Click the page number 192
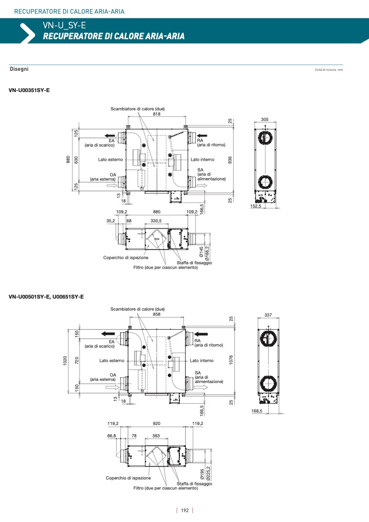pyautogui.click(x=184, y=511)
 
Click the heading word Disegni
pyautogui.click(x=19, y=69)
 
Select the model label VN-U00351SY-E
pyautogui.click(x=29, y=90)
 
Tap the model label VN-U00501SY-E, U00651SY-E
pyautogui.click(x=46, y=296)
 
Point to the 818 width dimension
pyautogui.click(x=156, y=114)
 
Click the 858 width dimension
pyautogui.click(x=156, y=314)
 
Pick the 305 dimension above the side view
pyautogui.click(x=265, y=119)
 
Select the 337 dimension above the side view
pyautogui.click(x=268, y=314)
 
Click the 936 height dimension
pyautogui.click(x=230, y=160)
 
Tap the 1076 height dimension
pyautogui.click(x=231, y=360)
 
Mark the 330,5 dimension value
pyautogui.click(x=156, y=221)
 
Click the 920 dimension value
pyautogui.click(x=156, y=423)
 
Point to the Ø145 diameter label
pyautogui.click(x=202, y=252)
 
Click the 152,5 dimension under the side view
pyautogui.click(x=256, y=206)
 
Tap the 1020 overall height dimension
pyautogui.click(x=65, y=361)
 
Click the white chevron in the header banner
pyautogui.click(x=28, y=33)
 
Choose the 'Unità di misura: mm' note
pyautogui.click(x=329, y=70)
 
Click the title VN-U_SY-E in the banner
pyautogui.click(x=64, y=25)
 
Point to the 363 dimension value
pyautogui.click(x=156, y=435)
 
